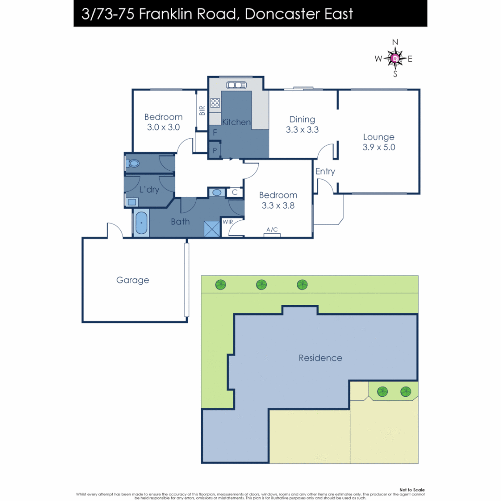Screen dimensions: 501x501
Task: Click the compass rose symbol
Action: (x=395, y=58)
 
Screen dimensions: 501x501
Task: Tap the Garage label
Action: (x=133, y=280)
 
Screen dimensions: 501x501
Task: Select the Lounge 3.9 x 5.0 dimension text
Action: (x=379, y=148)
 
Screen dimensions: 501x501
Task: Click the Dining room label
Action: (x=302, y=120)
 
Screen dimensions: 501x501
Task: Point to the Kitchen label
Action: (x=237, y=122)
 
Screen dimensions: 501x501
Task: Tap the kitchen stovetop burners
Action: (x=215, y=103)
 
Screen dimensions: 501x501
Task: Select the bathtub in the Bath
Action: (x=141, y=224)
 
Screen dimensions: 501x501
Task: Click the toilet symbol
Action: (x=133, y=163)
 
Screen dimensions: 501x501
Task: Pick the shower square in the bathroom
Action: (x=212, y=229)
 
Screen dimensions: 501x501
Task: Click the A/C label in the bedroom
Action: (x=272, y=230)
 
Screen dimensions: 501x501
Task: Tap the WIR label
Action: (x=228, y=222)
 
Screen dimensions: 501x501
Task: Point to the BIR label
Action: (x=202, y=110)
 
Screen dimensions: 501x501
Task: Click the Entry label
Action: (x=325, y=172)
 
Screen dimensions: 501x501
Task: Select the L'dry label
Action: (x=149, y=190)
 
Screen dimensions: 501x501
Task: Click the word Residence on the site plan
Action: (x=320, y=358)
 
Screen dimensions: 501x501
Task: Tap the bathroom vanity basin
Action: (x=217, y=193)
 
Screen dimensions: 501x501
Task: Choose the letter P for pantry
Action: (x=215, y=150)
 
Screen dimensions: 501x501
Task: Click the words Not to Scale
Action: (x=412, y=490)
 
